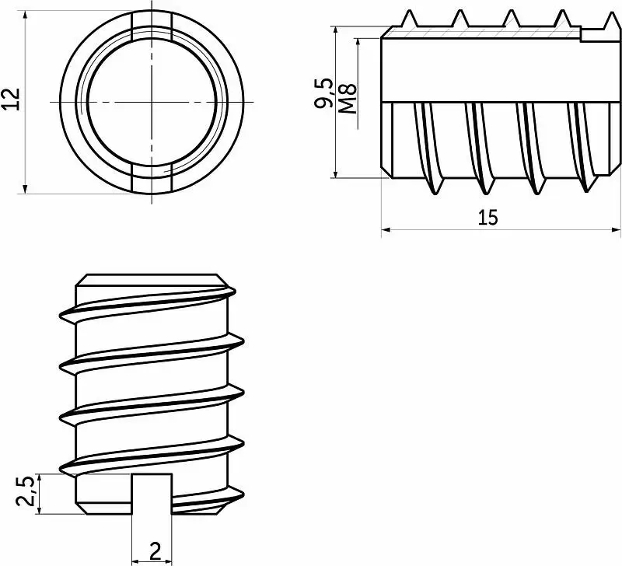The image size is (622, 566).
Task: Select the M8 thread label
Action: (x=349, y=100)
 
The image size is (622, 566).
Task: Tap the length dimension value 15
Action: (x=487, y=218)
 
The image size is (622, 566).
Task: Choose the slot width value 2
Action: (x=155, y=552)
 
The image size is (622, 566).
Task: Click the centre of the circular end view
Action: (x=152, y=102)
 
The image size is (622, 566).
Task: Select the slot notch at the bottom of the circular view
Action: (x=152, y=179)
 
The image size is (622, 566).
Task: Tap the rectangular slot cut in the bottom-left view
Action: (x=152, y=494)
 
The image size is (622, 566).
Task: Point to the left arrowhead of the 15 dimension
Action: (x=386, y=229)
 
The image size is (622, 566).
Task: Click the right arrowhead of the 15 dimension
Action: (x=617, y=229)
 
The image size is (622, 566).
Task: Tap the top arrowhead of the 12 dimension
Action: (x=26, y=16)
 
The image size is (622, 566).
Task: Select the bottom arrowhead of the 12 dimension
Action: (x=26, y=189)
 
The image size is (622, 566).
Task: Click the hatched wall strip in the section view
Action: (x=482, y=33)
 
